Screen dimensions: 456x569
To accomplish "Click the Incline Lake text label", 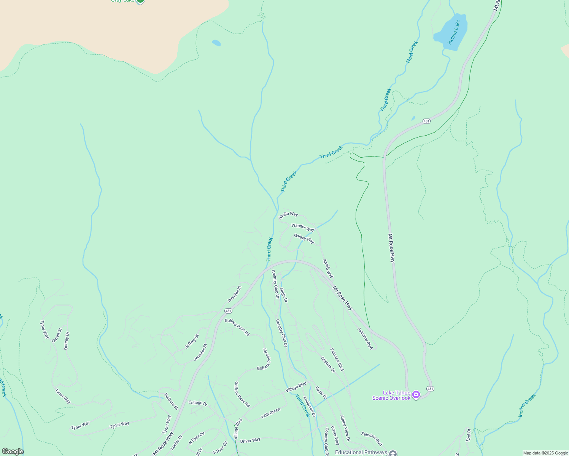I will [454, 32].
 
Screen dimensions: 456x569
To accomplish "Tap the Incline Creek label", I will [527, 405].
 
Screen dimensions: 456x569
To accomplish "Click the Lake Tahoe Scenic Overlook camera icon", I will [416, 395].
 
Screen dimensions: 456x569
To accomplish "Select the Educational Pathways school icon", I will [393, 453].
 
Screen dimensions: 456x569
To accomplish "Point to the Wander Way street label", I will [303, 227].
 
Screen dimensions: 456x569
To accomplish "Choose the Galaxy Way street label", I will [304, 239].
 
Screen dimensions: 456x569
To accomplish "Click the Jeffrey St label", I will [192, 341].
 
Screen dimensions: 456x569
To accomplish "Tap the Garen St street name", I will [57, 335].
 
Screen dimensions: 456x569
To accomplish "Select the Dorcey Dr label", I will [67, 340].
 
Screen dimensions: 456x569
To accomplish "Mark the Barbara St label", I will [171, 401].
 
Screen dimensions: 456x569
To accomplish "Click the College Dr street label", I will [198, 403].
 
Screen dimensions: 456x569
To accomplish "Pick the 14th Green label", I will [270, 412].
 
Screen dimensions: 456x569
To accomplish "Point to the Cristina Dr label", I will [328, 364].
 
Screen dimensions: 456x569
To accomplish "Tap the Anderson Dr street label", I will [309, 407].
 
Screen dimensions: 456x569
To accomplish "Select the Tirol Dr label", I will [469, 435].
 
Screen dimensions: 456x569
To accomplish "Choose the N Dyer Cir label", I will [197, 438].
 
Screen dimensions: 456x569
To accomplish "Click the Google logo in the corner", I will [13, 451].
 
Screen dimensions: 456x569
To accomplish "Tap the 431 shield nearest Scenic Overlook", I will [430, 389].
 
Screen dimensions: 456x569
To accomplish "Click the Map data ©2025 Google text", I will [545, 453].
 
